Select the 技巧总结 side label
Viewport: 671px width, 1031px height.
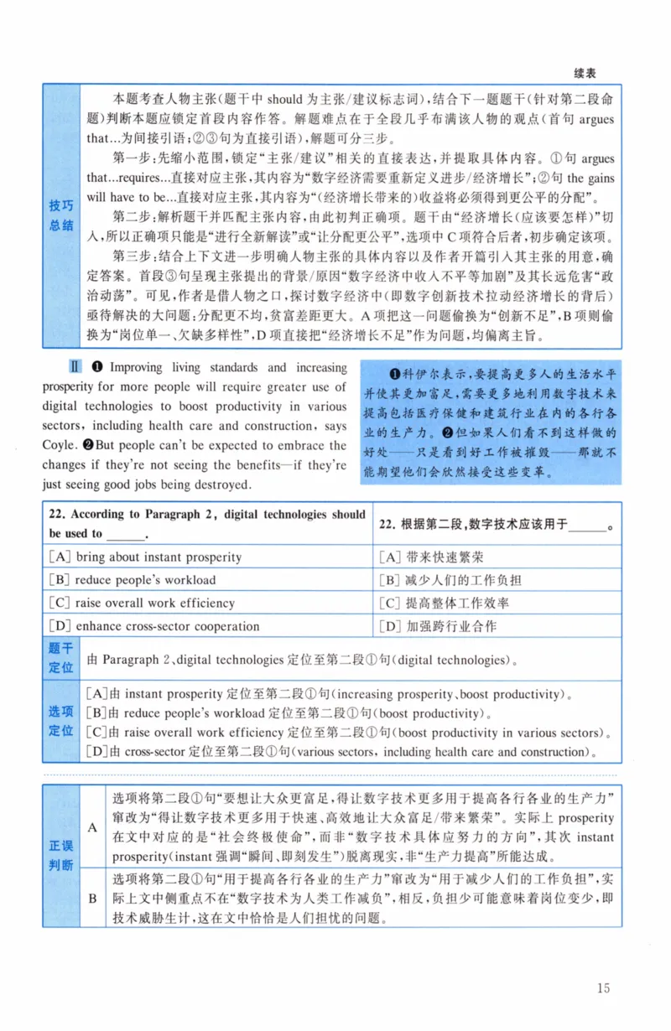pyautogui.click(x=60, y=215)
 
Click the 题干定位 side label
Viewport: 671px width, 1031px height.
pyautogui.click(x=60, y=658)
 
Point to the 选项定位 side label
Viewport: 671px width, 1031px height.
pyautogui.click(x=60, y=721)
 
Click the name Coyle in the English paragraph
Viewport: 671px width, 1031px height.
pyautogui.click(x=59, y=445)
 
